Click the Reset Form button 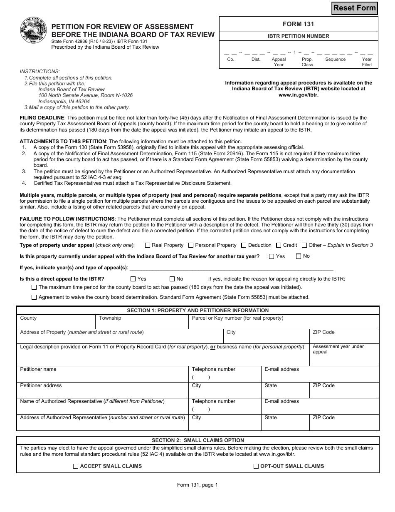[354, 8]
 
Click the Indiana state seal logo [34, 31]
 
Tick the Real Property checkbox [148, 245]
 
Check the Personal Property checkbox [191, 245]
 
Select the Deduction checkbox [244, 245]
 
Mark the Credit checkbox [279, 245]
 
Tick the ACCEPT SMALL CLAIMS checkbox [76, 466]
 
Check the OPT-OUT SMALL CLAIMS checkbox [256, 466]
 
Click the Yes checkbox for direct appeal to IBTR [133, 279]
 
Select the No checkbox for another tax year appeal [298, 256]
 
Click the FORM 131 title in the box [299, 24]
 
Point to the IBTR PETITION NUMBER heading [299, 36]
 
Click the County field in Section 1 [56, 322]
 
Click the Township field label [110, 318]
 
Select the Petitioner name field [102, 374]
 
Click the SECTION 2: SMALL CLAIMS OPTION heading [197, 440]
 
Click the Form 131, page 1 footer [197, 485]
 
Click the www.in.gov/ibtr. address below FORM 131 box [299, 94]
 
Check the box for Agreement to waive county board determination [34, 297]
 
